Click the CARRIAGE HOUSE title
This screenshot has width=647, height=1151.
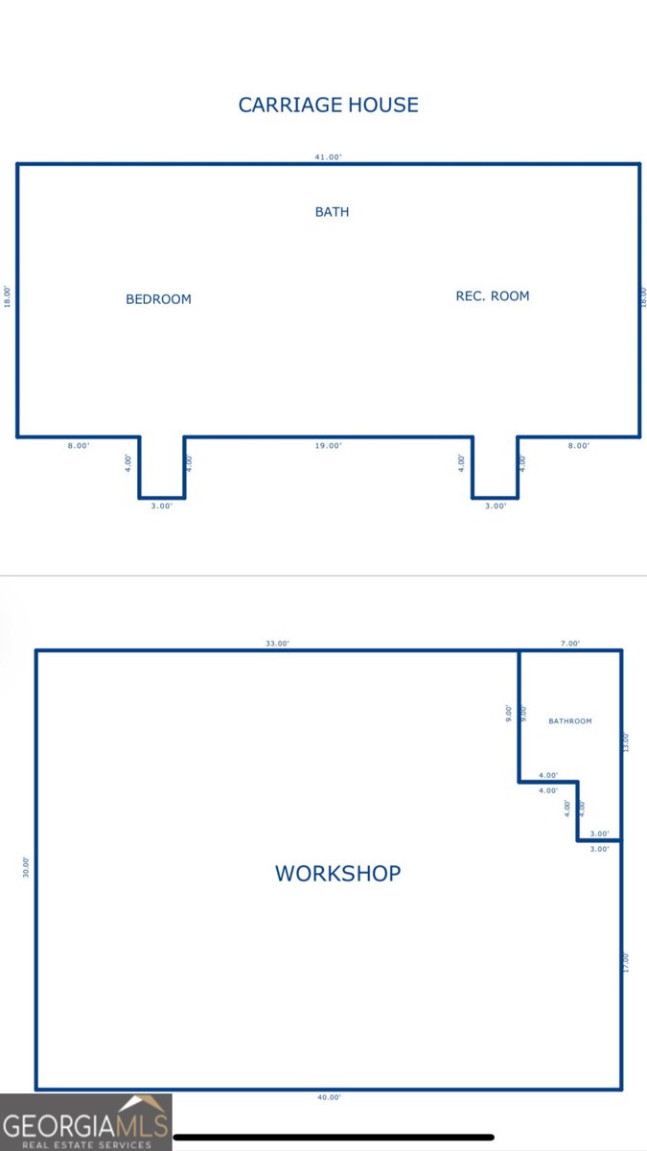click(328, 105)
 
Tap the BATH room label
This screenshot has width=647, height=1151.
click(332, 212)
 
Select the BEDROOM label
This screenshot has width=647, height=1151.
click(158, 299)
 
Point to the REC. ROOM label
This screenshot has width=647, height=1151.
click(493, 296)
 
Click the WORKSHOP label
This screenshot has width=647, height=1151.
click(337, 874)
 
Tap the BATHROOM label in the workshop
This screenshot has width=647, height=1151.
click(570, 721)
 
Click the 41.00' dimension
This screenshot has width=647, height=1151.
click(328, 156)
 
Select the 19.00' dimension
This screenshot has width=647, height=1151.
click(328, 445)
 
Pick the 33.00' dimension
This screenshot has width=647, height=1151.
click(277, 644)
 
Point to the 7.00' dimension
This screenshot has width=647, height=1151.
click(570, 644)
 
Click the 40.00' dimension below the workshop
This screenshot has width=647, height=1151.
click(329, 1097)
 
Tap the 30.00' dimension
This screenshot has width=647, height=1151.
click(26, 867)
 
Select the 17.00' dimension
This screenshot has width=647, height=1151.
click(625, 962)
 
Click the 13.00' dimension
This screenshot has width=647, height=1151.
click(625, 742)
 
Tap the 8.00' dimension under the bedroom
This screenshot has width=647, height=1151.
click(79, 445)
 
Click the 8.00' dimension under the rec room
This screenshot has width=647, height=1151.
click(579, 445)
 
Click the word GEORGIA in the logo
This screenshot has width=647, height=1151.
click(58, 1127)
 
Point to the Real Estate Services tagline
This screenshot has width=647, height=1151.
click(86, 1144)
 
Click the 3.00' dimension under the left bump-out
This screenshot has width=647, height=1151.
click(161, 505)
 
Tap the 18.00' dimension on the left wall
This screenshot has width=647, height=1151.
click(8, 297)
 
